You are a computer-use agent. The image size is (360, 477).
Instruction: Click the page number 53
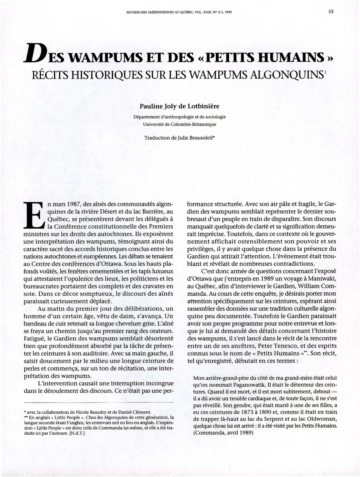coord(331,11)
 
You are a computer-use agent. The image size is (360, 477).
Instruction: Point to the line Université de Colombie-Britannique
coord(179,124)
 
